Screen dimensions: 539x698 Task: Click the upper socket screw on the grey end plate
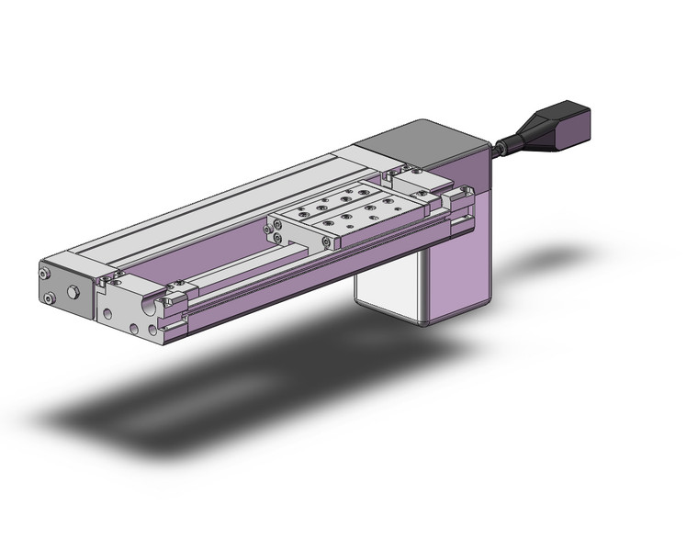point(44,274)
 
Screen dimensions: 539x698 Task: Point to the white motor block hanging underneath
point(390,294)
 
